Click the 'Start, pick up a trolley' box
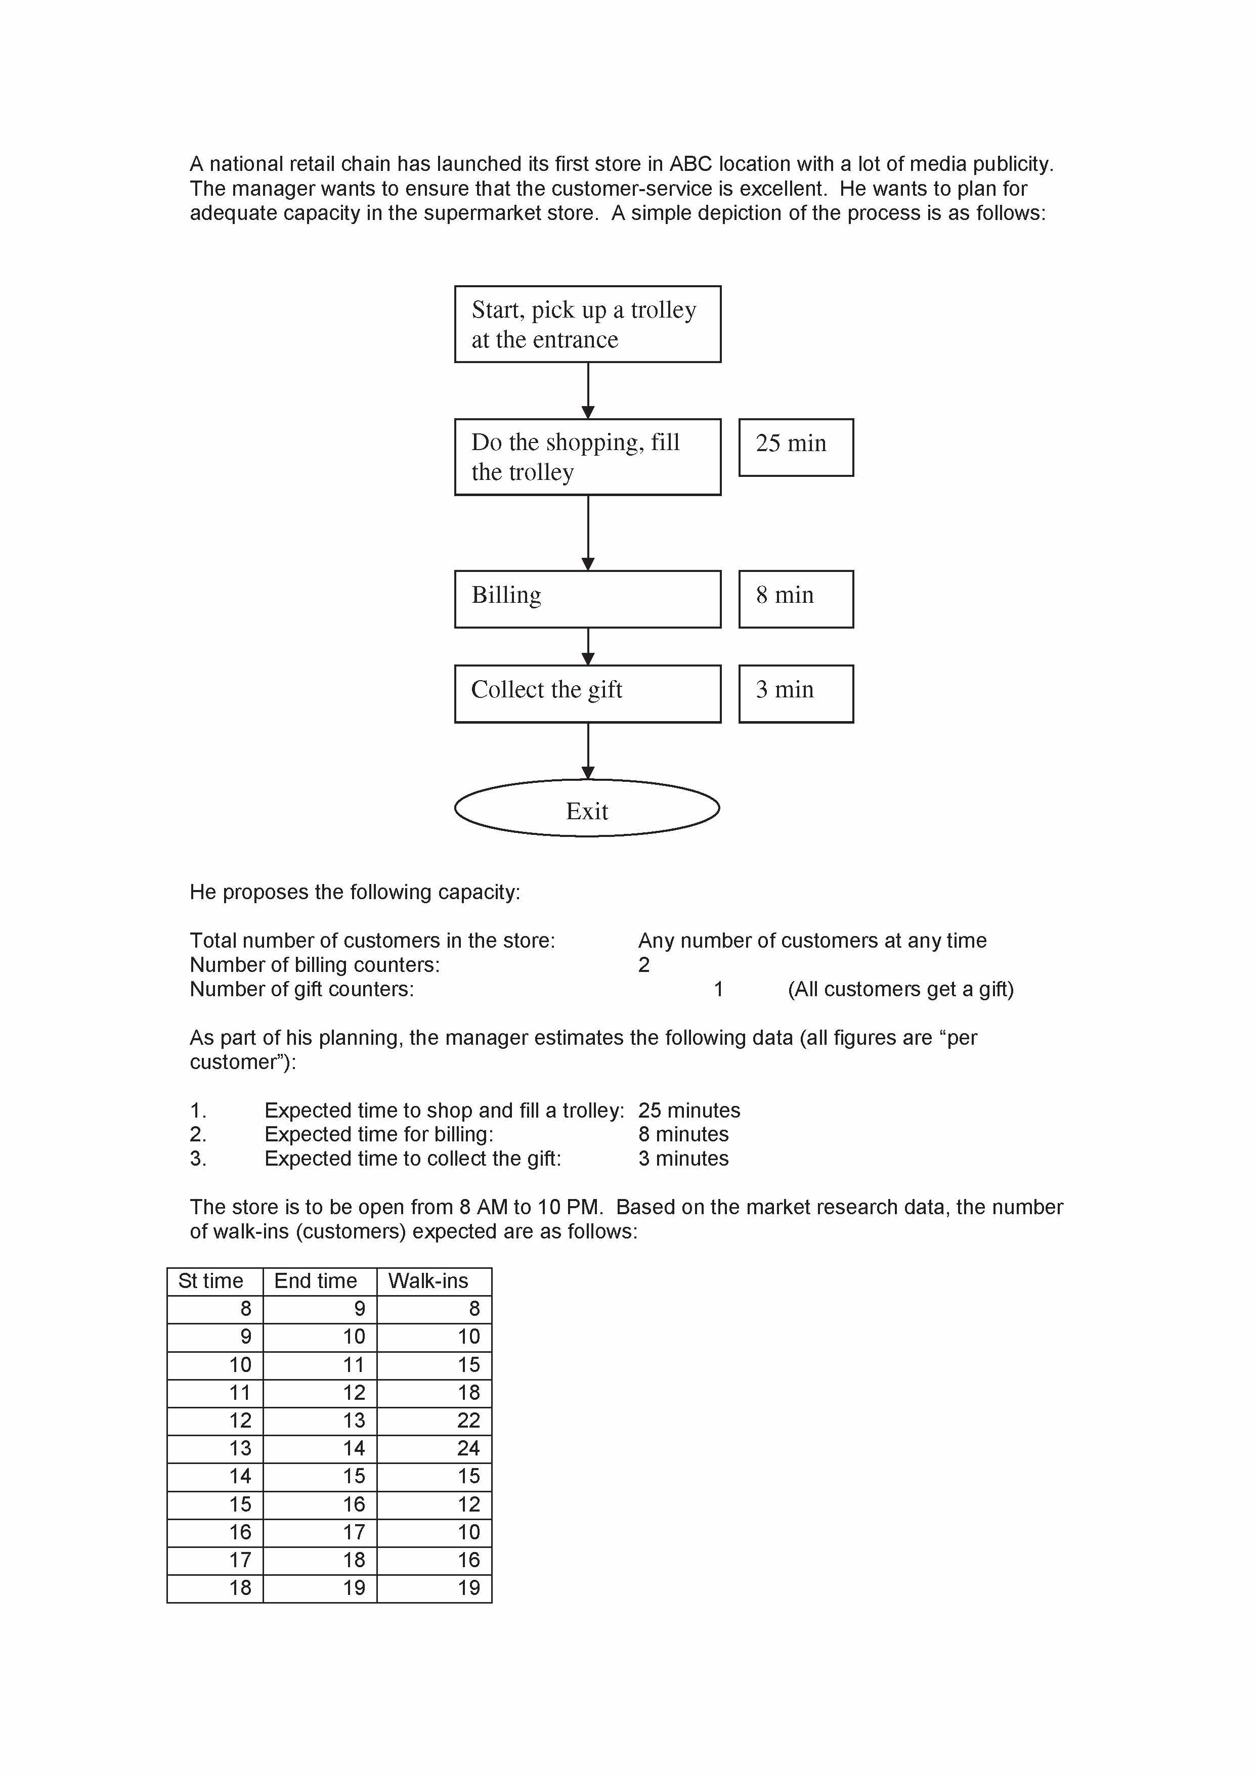(x=587, y=324)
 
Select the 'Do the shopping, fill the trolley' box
(x=587, y=457)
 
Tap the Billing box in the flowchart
(x=587, y=599)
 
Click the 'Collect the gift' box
(x=587, y=694)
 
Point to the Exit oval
(x=587, y=808)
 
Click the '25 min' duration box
(x=796, y=448)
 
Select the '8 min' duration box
(x=796, y=599)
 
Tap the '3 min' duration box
(x=796, y=694)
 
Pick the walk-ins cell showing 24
(x=468, y=1449)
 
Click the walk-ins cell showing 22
(x=468, y=1421)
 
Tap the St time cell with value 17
(x=240, y=1560)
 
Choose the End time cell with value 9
(x=359, y=1309)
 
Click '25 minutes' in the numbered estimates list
(x=688, y=1111)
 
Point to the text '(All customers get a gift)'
(x=900, y=989)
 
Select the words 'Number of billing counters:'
(x=315, y=965)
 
